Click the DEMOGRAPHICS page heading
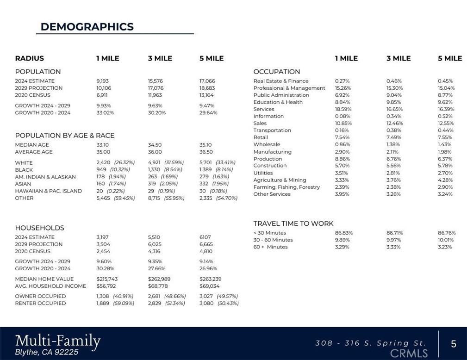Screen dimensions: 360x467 pyautogui.click(x=87, y=27)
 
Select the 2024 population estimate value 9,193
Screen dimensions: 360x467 pyautogui.click(x=103, y=81)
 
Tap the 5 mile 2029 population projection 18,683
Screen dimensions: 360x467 pyautogui.click(x=207, y=88)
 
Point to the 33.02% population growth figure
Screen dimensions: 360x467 pyautogui.click(x=105, y=112)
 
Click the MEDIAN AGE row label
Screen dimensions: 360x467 pyautogui.click(x=32, y=145)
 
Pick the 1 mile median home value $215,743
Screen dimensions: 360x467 pyautogui.click(x=107, y=279)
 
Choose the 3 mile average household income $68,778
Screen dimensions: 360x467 pyautogui.click(x=158, y=286)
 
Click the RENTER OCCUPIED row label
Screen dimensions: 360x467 pyautogui.click(x=40, y=303)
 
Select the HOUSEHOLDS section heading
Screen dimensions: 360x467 pyautogui.click(x=39, y=228)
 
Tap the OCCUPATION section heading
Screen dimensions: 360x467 pyautogui.click(x=277, y=72)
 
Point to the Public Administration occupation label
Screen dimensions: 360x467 pyautogui.click(x=281, y=95)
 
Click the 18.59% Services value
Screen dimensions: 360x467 pyautogui.click(x=343, y=109)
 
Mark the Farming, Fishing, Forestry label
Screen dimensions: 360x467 pyautogui.click(x=286, y=187)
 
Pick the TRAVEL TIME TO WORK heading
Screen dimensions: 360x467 pyautogui.click(x=293, y=223)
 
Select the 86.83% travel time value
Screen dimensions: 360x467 pyautogui.click(x=343, y=233)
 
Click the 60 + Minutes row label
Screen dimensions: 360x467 pyautogui.click(x=270, y=247)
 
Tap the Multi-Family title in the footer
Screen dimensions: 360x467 pyautogui.click(x=58, y=341)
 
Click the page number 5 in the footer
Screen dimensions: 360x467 pyautogui.click(x=454, y=344)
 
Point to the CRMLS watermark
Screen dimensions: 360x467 pyautogui.click(x=409, y=354)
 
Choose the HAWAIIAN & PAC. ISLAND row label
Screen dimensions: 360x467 pyautogui.click(x=48, y=191)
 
